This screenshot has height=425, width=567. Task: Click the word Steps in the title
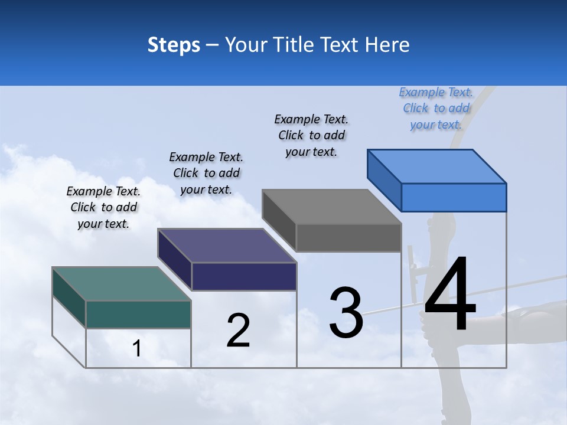[x=174, y=45]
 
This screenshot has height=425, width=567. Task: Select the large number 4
[x=450, y=295]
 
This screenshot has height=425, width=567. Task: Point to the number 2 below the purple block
[x=238, y=331]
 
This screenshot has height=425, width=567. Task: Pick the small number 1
[x=136, y=349]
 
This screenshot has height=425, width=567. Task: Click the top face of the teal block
[x=121, y=284]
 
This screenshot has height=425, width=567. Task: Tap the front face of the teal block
[x=138, y=314]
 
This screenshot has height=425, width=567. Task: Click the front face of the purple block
[x=244, y=276]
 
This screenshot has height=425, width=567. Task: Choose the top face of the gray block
[x=331, y=207]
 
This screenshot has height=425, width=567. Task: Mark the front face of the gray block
[x=348, y=237]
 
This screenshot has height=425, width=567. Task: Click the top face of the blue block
[x=436, y=166]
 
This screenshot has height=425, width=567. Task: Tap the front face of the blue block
[x=454, y=197]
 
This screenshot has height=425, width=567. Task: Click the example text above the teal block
[x=103, y=208]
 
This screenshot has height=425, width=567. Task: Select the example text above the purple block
[x=206, y=173]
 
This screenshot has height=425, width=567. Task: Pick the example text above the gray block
[x=311, y=135]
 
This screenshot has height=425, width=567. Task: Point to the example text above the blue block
[x=436, y=108]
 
